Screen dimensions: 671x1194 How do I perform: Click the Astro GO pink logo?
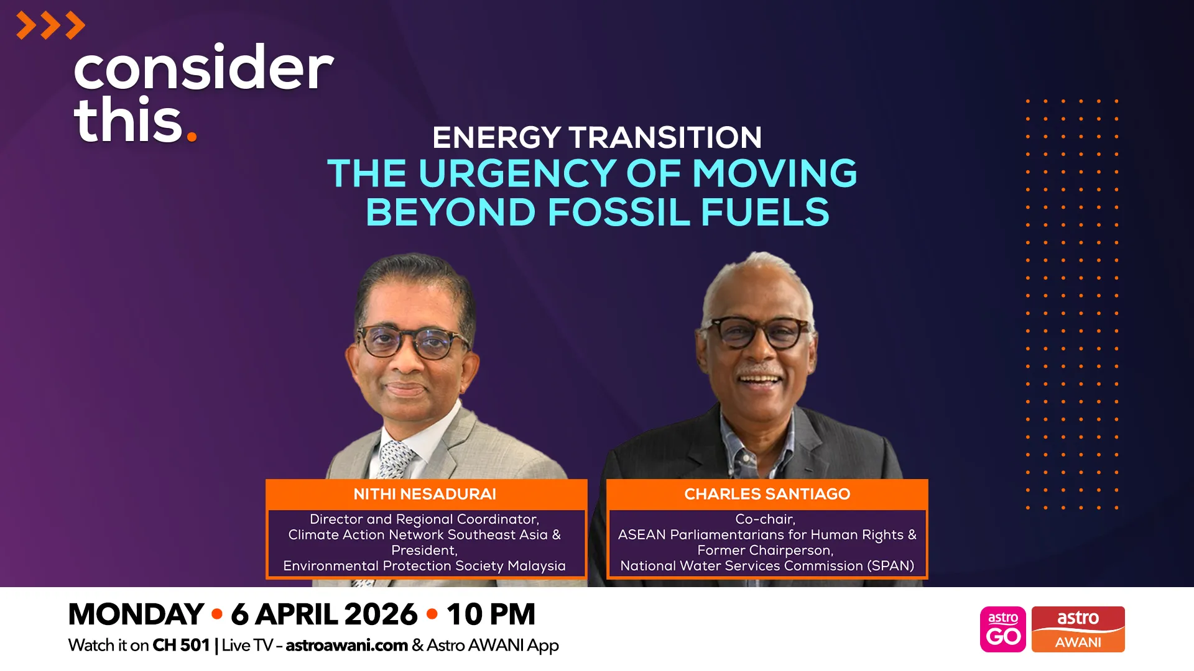pyautogui.click(x=1002, y=629)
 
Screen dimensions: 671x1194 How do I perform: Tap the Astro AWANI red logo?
pyautogui.click(x=1078, y=629)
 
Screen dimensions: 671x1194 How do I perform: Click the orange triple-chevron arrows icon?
pyautogui.click(x=50, y=25)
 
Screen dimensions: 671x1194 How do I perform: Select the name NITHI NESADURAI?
pyautogui.click(x=425, y=494)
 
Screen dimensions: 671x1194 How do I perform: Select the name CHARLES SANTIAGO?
pyautogui.click(x=767, y=494)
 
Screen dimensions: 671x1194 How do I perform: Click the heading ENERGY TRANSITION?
pyautogui.click(x=597, y=137)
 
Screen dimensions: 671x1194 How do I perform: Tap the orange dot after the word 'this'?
pyautogui.click(x=192, y=135)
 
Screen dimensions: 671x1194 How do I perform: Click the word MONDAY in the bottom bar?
pyautogui.click(x=136, y=614)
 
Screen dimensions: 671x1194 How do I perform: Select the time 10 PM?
pyautogui.click(x=491, y=614)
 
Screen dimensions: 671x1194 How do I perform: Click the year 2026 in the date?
pyautogui.click(x=381, y=614)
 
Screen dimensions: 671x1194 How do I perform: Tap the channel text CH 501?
pyautogui.click(x=181, y=645)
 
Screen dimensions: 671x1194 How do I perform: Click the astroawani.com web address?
pyautogui.click(x=346, y=645)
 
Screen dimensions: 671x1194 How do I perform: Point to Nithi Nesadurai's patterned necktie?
pyautogui.click(x=394, y=460)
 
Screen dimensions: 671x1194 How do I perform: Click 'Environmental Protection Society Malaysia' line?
pyautogui.click(x=424, y=566)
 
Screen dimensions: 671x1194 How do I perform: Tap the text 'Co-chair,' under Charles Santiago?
pyautogui.click(x=765, y=519)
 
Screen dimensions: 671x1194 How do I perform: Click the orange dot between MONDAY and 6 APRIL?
pyautogui.click(x=217, y=614)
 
